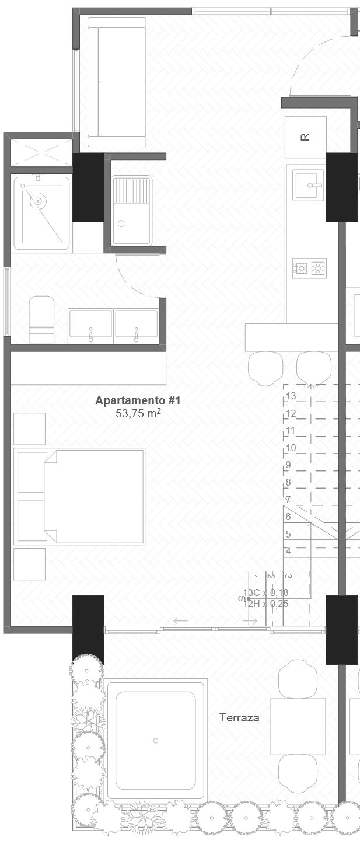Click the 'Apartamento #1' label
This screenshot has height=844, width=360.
pos(138,401)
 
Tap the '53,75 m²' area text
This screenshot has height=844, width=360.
pos(138,414)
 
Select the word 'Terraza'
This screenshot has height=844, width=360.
pos(239,718)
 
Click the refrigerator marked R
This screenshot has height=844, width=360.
pos(305,137)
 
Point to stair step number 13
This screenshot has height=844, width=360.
pos(292,396)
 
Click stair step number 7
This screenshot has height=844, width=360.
pos(288,500)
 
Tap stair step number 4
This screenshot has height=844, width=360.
pos(288,551)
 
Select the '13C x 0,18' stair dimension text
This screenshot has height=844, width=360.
pos(266,593)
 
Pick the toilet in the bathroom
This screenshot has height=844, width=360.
pos(41,319)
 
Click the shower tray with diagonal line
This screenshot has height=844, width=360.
pos(41,213)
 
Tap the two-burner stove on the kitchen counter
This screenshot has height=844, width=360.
pos(309,268)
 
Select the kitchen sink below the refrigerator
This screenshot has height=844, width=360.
pos(309,186)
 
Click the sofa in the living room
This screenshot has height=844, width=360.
pos(116,82)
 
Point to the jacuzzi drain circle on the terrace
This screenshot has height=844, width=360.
pos(156,741)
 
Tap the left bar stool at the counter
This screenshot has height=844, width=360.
pos(265,368)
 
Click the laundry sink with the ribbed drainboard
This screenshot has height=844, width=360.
pos(132,210)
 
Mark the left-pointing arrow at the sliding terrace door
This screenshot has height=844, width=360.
pos(180,620)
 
